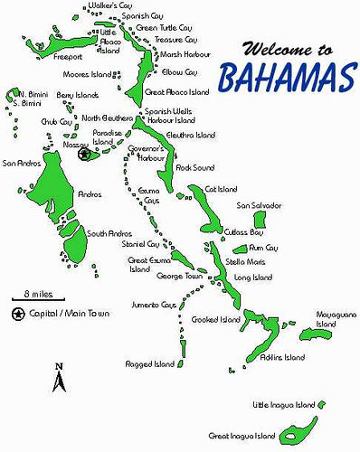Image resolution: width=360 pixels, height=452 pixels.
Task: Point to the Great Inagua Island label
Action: coord(242,435)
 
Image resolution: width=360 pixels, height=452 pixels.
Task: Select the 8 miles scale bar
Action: coord(38,299)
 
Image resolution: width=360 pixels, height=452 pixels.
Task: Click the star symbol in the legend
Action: coord(18,314)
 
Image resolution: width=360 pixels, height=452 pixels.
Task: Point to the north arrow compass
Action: coord(59,378)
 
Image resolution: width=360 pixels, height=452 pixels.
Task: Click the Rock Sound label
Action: coord(194,168)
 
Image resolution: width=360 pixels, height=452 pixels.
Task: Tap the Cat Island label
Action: coord(221,189)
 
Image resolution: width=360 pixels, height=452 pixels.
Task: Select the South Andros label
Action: coord(110,232)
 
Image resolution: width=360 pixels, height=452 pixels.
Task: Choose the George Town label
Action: coord(176,276)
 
